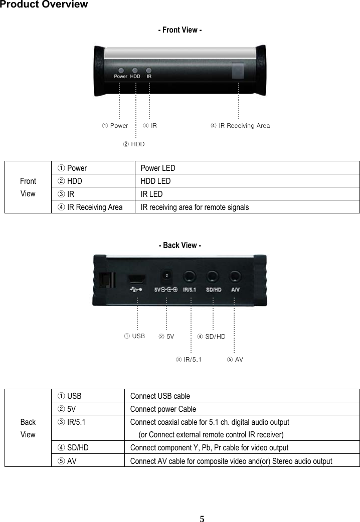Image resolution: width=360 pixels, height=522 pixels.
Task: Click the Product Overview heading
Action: point(44,5)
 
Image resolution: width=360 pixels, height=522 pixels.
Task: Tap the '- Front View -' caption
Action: point(180,30)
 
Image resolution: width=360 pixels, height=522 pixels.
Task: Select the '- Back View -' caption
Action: point(180,245)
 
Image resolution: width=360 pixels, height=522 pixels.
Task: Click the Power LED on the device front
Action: point(120,71)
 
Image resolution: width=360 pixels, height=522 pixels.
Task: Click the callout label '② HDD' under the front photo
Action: point(134,144)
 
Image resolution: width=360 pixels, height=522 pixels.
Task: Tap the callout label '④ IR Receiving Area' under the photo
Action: point(240,126)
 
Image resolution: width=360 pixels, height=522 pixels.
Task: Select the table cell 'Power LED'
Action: point(158,168)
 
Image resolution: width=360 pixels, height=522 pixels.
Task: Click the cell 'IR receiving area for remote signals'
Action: point(195,207)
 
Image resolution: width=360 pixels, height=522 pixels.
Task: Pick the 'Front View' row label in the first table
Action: point(28,187)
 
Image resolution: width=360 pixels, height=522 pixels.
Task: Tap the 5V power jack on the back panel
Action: point(166,276)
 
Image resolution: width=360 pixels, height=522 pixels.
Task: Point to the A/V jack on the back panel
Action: point(235,276)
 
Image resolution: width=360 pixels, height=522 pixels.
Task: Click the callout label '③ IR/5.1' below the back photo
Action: point(189,360)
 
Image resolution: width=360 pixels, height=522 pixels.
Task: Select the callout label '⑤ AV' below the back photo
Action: point(235,360)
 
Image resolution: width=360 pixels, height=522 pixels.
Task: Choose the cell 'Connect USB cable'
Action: point(160,396)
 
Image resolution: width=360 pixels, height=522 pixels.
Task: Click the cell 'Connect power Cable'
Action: point(163,409)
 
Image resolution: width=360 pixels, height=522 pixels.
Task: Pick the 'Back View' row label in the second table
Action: point(28,428)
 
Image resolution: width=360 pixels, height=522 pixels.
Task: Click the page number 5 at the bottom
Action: point(202,518)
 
